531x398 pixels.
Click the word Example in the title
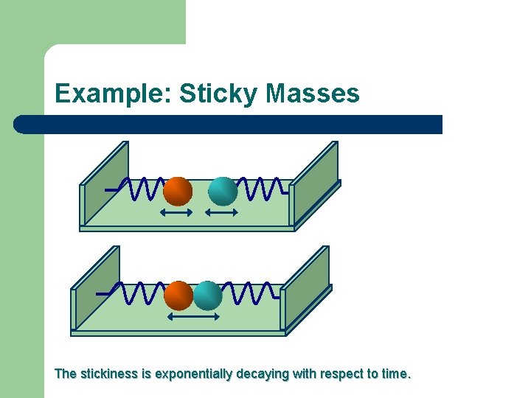113,94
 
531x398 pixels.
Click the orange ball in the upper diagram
178,191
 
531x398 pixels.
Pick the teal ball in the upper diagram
223,191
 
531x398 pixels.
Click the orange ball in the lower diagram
178,295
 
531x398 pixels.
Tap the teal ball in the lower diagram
208,295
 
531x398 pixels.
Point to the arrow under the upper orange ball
176,213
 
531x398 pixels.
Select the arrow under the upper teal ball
221,213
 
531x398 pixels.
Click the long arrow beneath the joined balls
193,317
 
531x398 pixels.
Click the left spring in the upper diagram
140,189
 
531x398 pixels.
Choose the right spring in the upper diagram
262,189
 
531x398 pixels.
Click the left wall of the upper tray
104,170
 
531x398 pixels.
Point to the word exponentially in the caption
194,374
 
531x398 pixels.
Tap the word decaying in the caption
263,374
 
